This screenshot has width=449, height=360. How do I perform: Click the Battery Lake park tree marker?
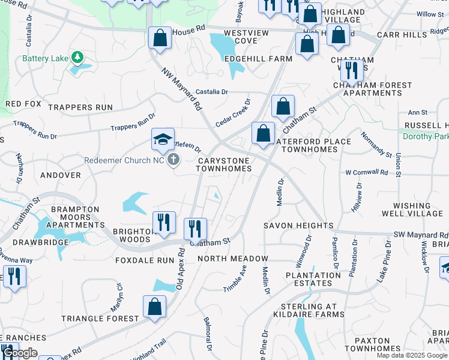point(77,58)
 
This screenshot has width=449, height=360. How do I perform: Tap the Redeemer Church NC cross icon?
point(173,160)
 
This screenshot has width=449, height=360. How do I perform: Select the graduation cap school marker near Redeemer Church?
point(163,140)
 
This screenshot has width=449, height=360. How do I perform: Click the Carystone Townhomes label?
point(224,164)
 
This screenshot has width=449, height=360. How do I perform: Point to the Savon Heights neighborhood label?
point(298,226)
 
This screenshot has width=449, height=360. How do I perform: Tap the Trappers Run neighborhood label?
point(80,107)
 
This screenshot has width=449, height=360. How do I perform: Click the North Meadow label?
point(233,259)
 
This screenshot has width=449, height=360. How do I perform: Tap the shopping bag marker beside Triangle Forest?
point(154,307)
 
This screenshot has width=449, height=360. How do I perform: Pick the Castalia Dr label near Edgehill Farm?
point(212,92)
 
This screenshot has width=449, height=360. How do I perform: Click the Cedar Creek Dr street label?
point(232,112)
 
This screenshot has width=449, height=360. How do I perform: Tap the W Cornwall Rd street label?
point(366,172)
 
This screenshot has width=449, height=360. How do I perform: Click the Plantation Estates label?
point(313,279)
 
